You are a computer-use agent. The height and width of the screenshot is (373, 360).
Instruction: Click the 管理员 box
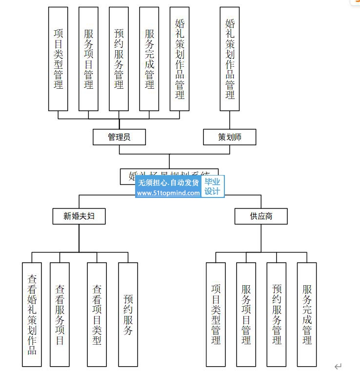(x=119, y=137)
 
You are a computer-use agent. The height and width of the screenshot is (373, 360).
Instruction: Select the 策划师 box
(x=230, y=137)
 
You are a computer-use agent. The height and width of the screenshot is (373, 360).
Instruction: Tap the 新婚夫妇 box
(x=79, y=216)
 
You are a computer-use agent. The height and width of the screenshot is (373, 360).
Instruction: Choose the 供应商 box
(x=260, y=216)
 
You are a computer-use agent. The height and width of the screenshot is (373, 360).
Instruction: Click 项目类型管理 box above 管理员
(x=58, y=59)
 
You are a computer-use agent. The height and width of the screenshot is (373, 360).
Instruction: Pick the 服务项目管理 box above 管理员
(x=88, y=59)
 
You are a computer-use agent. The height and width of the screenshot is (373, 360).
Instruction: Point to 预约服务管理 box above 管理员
(x=119, y=59)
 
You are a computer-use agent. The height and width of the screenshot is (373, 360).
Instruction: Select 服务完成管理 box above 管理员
(x=149, y=59)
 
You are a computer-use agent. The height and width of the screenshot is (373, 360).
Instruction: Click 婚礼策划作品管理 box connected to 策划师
(x=230, y=59)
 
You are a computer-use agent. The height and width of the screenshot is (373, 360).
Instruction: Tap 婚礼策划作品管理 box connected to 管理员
(x=180, y=59)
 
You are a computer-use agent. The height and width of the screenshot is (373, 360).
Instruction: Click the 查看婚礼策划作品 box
(x=32, y=314)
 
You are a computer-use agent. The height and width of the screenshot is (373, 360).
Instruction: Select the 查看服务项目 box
(x=60, y=314)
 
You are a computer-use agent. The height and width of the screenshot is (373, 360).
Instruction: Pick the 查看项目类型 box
(x=97, y=314)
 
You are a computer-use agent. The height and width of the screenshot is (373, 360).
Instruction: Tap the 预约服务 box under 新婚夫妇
(x=128, y=314)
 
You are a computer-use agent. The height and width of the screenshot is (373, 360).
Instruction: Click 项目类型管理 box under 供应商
(x=216, y=314)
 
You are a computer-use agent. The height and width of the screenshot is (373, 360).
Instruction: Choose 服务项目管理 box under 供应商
(x=246, y=314)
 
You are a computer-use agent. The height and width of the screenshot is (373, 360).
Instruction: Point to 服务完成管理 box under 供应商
(x=307, y=314)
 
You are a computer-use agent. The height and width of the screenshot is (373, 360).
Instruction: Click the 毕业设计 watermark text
(x=212, y=187)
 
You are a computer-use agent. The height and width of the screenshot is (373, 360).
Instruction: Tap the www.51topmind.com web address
(x=168, y=193)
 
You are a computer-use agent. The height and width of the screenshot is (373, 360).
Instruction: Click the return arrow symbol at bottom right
(x=338, y=366)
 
